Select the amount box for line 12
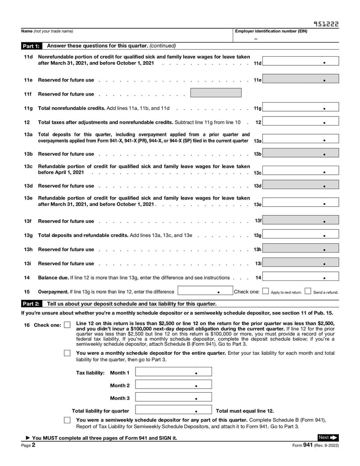300,122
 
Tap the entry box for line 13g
300,235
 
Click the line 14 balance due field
300,277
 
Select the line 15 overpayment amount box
204,291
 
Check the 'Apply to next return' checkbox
265,291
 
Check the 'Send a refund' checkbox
308,291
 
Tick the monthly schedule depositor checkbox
67,353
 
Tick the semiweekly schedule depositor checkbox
67,420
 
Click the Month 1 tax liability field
173,372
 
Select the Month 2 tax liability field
173,385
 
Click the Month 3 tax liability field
173,398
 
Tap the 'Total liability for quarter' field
173,411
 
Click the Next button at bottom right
328,437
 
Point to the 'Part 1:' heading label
31,46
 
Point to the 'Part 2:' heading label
31,304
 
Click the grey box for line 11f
216,93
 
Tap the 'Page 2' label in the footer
26,445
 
